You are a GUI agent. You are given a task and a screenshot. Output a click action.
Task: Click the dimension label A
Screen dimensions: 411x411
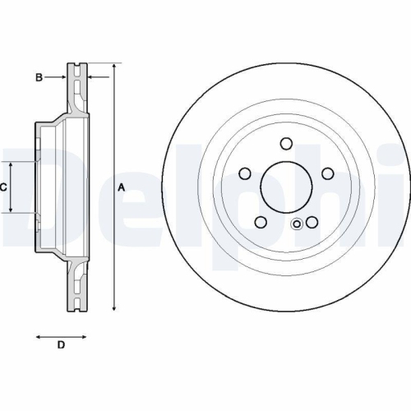[x=122, y=187]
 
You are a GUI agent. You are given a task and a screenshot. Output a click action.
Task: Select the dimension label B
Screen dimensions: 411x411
[x=38, y=77]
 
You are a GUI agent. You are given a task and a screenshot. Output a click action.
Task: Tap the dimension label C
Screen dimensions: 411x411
[x=3, y=187]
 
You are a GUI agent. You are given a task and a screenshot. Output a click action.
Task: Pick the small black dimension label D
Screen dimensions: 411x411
[x=60, y=344]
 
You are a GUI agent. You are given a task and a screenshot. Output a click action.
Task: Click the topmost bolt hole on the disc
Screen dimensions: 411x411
[x=286, y=144]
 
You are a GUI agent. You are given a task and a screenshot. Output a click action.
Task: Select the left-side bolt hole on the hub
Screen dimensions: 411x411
[x=244, y=173]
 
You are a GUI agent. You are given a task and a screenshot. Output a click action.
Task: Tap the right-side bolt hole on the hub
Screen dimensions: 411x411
[x=327, y=173]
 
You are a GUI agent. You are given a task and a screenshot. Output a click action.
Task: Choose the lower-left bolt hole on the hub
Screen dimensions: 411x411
[x=260, y=222]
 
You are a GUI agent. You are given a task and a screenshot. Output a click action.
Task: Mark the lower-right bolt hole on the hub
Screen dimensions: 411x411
[x=312, y=222]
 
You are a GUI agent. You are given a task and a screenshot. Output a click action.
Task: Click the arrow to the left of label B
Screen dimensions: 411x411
[x=61, y=77]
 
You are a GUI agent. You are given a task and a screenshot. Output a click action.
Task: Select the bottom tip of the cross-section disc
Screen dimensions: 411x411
[x=76, y=311]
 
